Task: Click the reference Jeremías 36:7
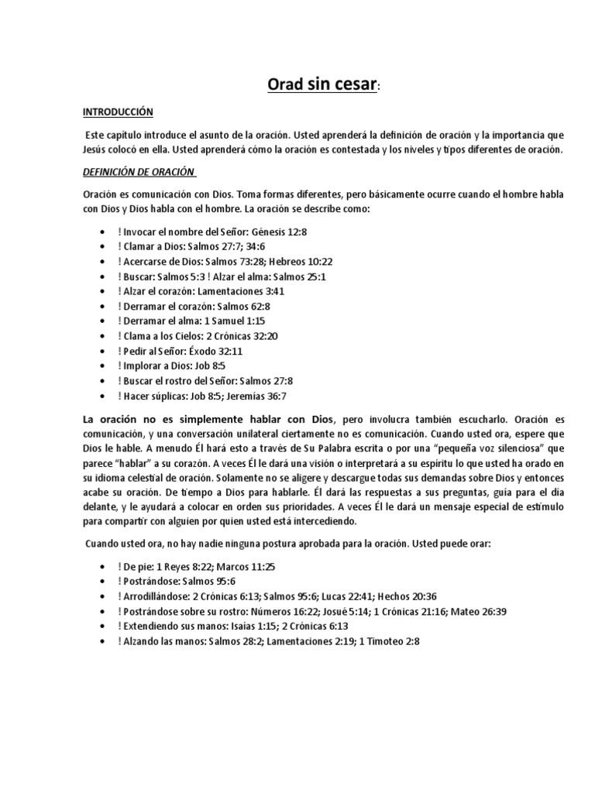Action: [260, 396]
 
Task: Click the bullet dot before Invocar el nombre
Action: [104, 232]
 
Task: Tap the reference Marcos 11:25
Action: [252, 566]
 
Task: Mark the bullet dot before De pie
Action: [104, 567]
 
